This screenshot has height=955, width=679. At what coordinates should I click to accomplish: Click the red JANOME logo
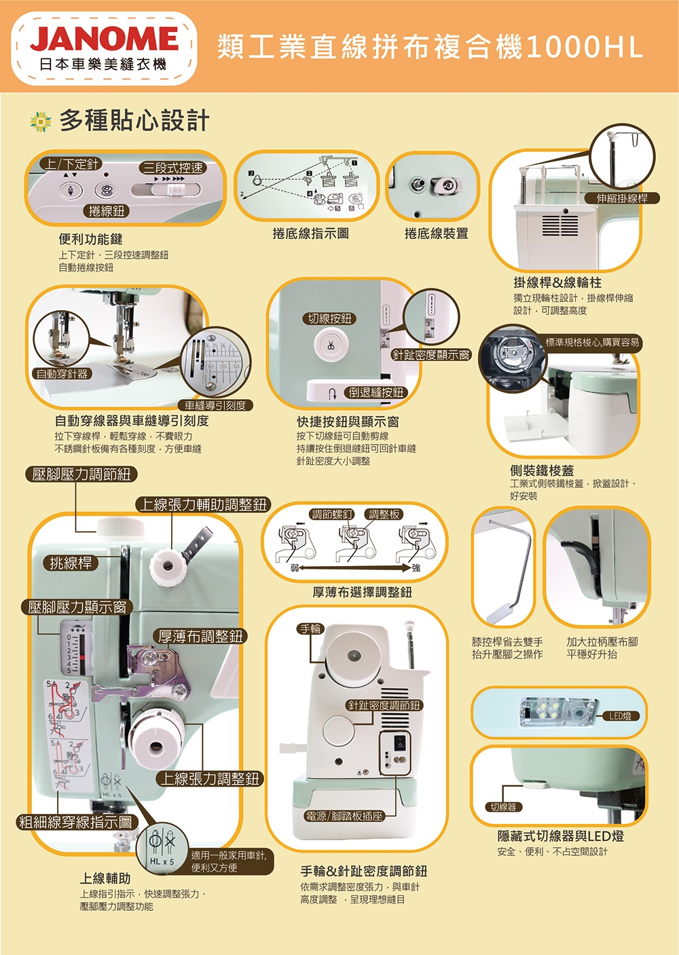coord(103,39)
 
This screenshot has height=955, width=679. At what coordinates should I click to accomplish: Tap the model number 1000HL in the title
coord(583,47)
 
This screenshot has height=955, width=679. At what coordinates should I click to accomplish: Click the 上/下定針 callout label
coord(71,164)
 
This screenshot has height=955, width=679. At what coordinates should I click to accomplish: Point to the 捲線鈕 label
coord(107,211)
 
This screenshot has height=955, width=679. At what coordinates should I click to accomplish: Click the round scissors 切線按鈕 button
coord(330,345)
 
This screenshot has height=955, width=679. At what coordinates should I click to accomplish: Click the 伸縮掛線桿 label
coord(622,198)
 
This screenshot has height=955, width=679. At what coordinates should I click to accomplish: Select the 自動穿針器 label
coord(62,374)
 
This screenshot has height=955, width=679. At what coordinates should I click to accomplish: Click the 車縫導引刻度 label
coord(215,405)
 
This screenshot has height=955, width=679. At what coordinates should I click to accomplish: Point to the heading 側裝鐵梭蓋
coord(542,470)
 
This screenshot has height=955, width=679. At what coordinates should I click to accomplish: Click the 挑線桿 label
coord(71,562)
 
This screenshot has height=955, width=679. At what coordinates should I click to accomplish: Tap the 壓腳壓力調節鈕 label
coord(81,474)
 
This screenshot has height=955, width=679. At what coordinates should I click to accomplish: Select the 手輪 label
coord(310,629)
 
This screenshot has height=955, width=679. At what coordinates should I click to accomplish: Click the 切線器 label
coord(502,807)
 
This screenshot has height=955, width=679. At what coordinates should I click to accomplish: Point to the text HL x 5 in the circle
coord(162,861)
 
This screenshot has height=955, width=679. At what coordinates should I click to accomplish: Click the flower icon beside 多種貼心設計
coord(41,122)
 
